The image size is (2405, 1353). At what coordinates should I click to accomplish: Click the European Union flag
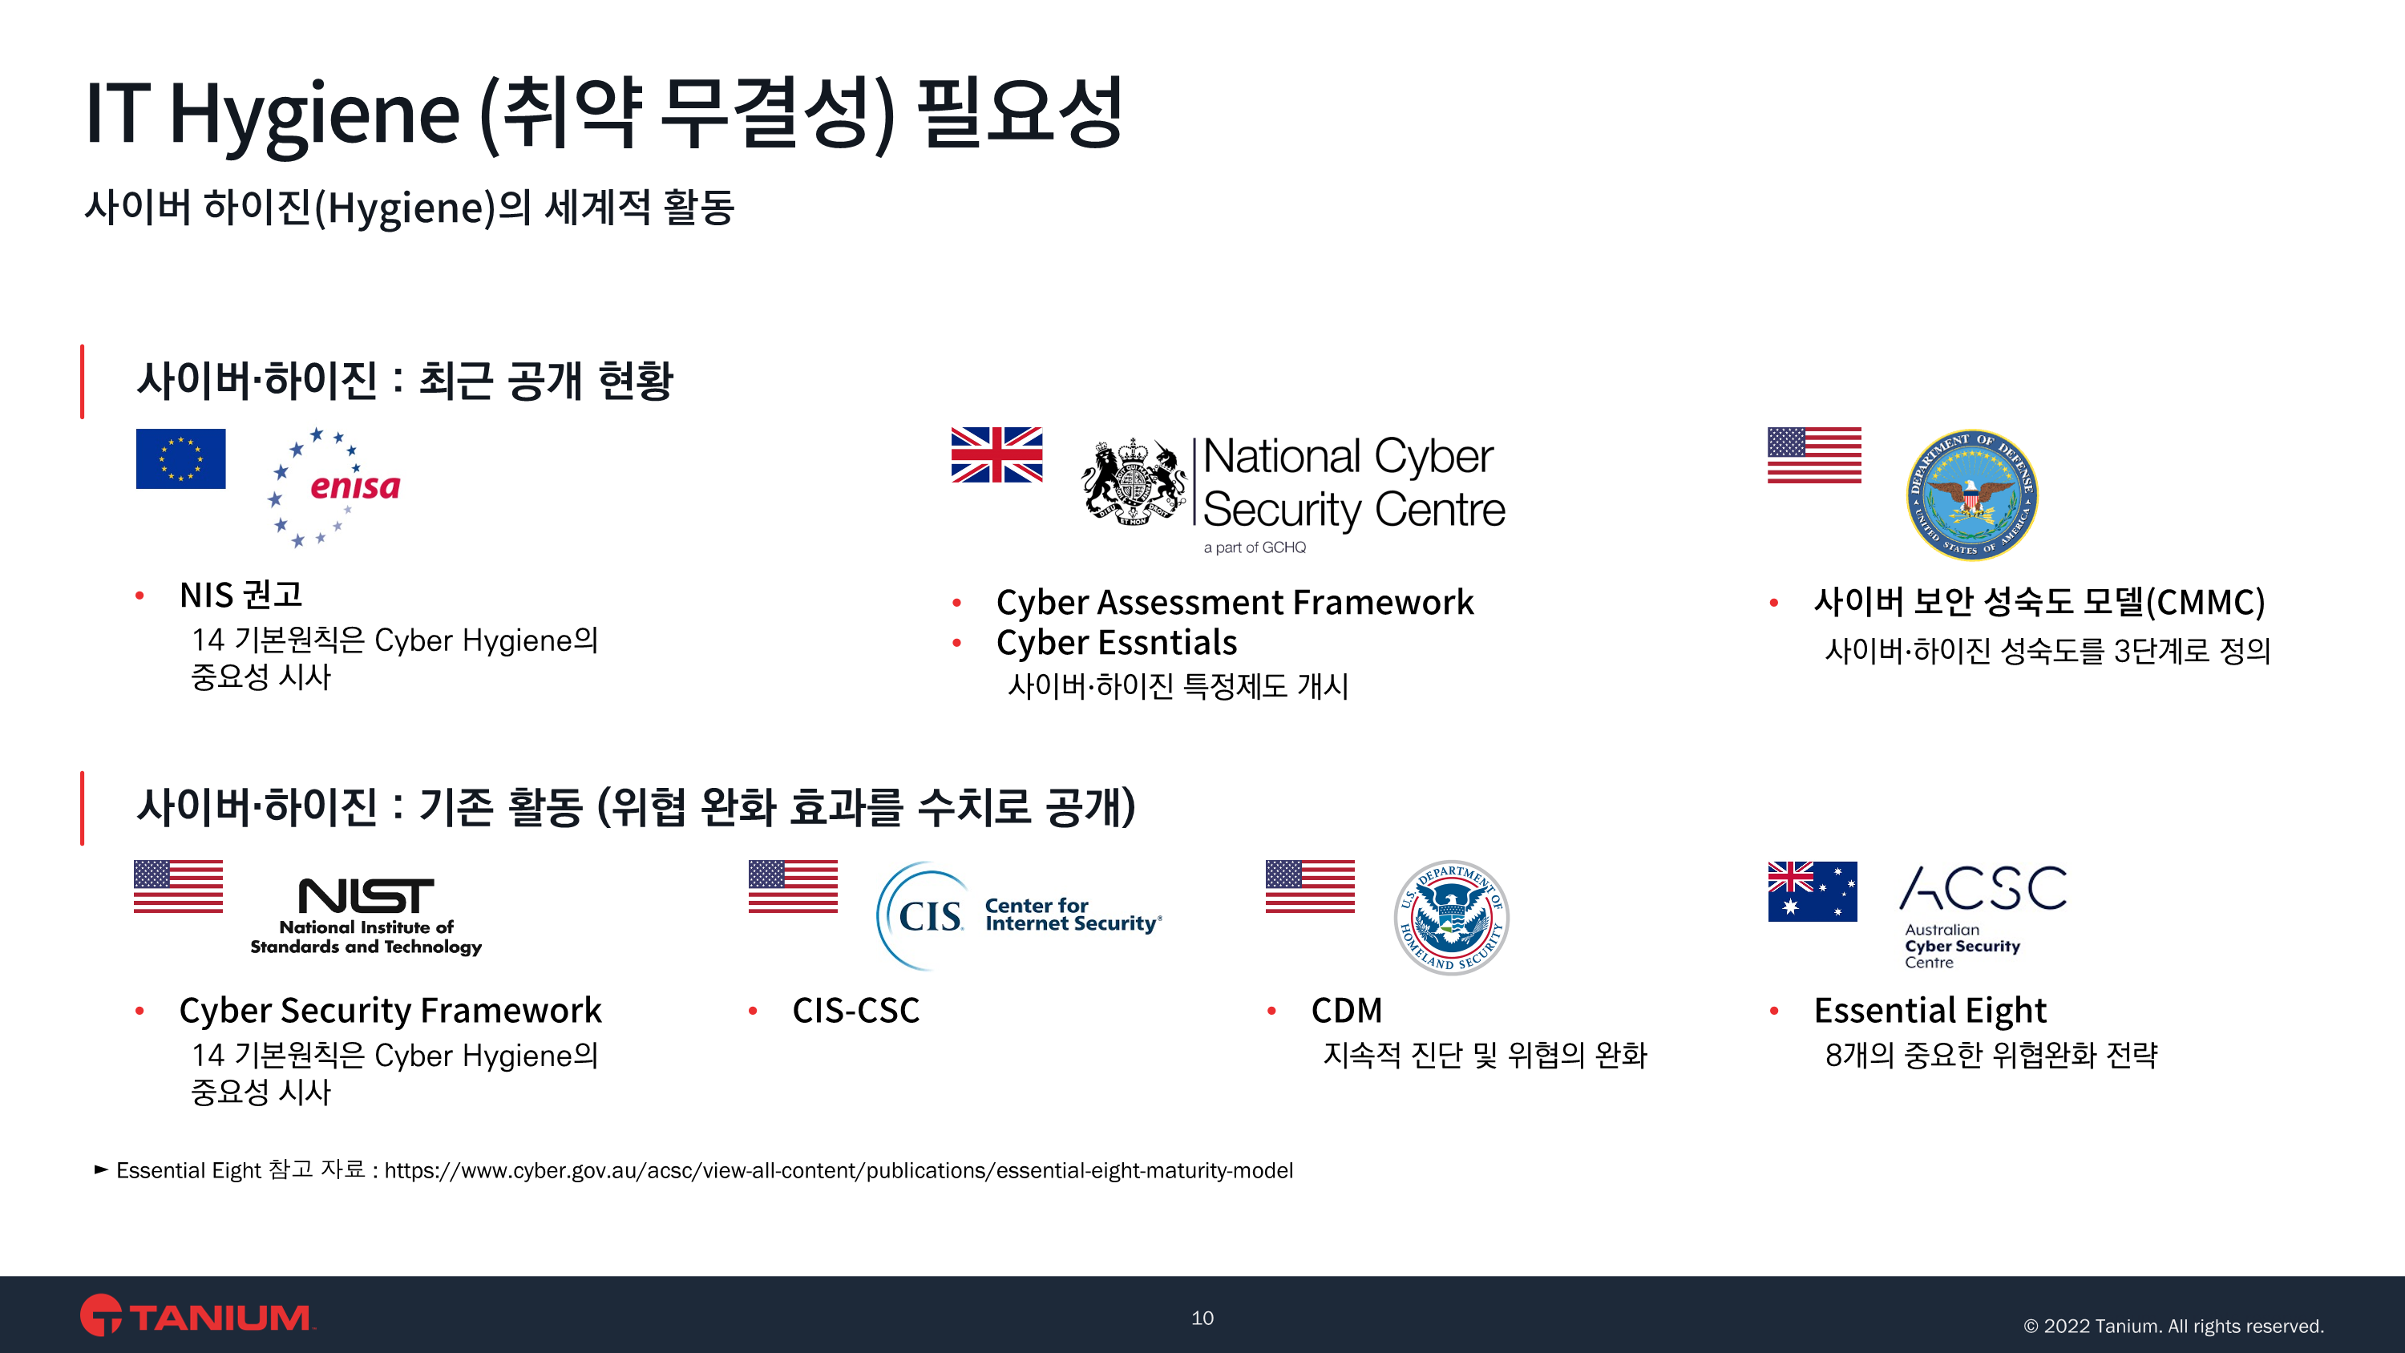click(x=180, y=458)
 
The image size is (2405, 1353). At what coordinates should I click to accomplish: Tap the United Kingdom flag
click(x=996, y=454)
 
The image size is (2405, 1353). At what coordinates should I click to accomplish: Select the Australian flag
click(x=1812, y=891)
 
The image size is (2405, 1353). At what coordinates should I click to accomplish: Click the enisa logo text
click(x=355, y=487)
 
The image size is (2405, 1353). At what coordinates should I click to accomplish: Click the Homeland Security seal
click(x=1451, y=917)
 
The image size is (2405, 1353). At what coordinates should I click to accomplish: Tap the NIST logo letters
click(x=366, y=895)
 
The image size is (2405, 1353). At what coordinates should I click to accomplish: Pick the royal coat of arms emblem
click(x=1134, y=482)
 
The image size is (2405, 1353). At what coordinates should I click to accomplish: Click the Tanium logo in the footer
click(x=197, y=1315)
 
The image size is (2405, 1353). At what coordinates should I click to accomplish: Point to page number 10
click(x=1202, y=1318)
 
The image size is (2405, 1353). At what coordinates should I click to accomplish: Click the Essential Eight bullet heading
click(x=1930, y=1010)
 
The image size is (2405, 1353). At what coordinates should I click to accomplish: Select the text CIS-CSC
click(x=856, y=1010)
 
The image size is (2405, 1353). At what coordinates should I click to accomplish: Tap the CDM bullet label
click(x=1346, y=1010)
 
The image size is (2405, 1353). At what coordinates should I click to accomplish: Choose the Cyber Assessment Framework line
click(x=1235, y=602)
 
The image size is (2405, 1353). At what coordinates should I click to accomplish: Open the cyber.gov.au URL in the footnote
click(x=839, y=1171)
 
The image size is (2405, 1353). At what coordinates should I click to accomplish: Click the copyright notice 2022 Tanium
click(x=2173, y=1326)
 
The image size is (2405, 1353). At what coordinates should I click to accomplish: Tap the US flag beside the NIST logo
click(x=178, y=887)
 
